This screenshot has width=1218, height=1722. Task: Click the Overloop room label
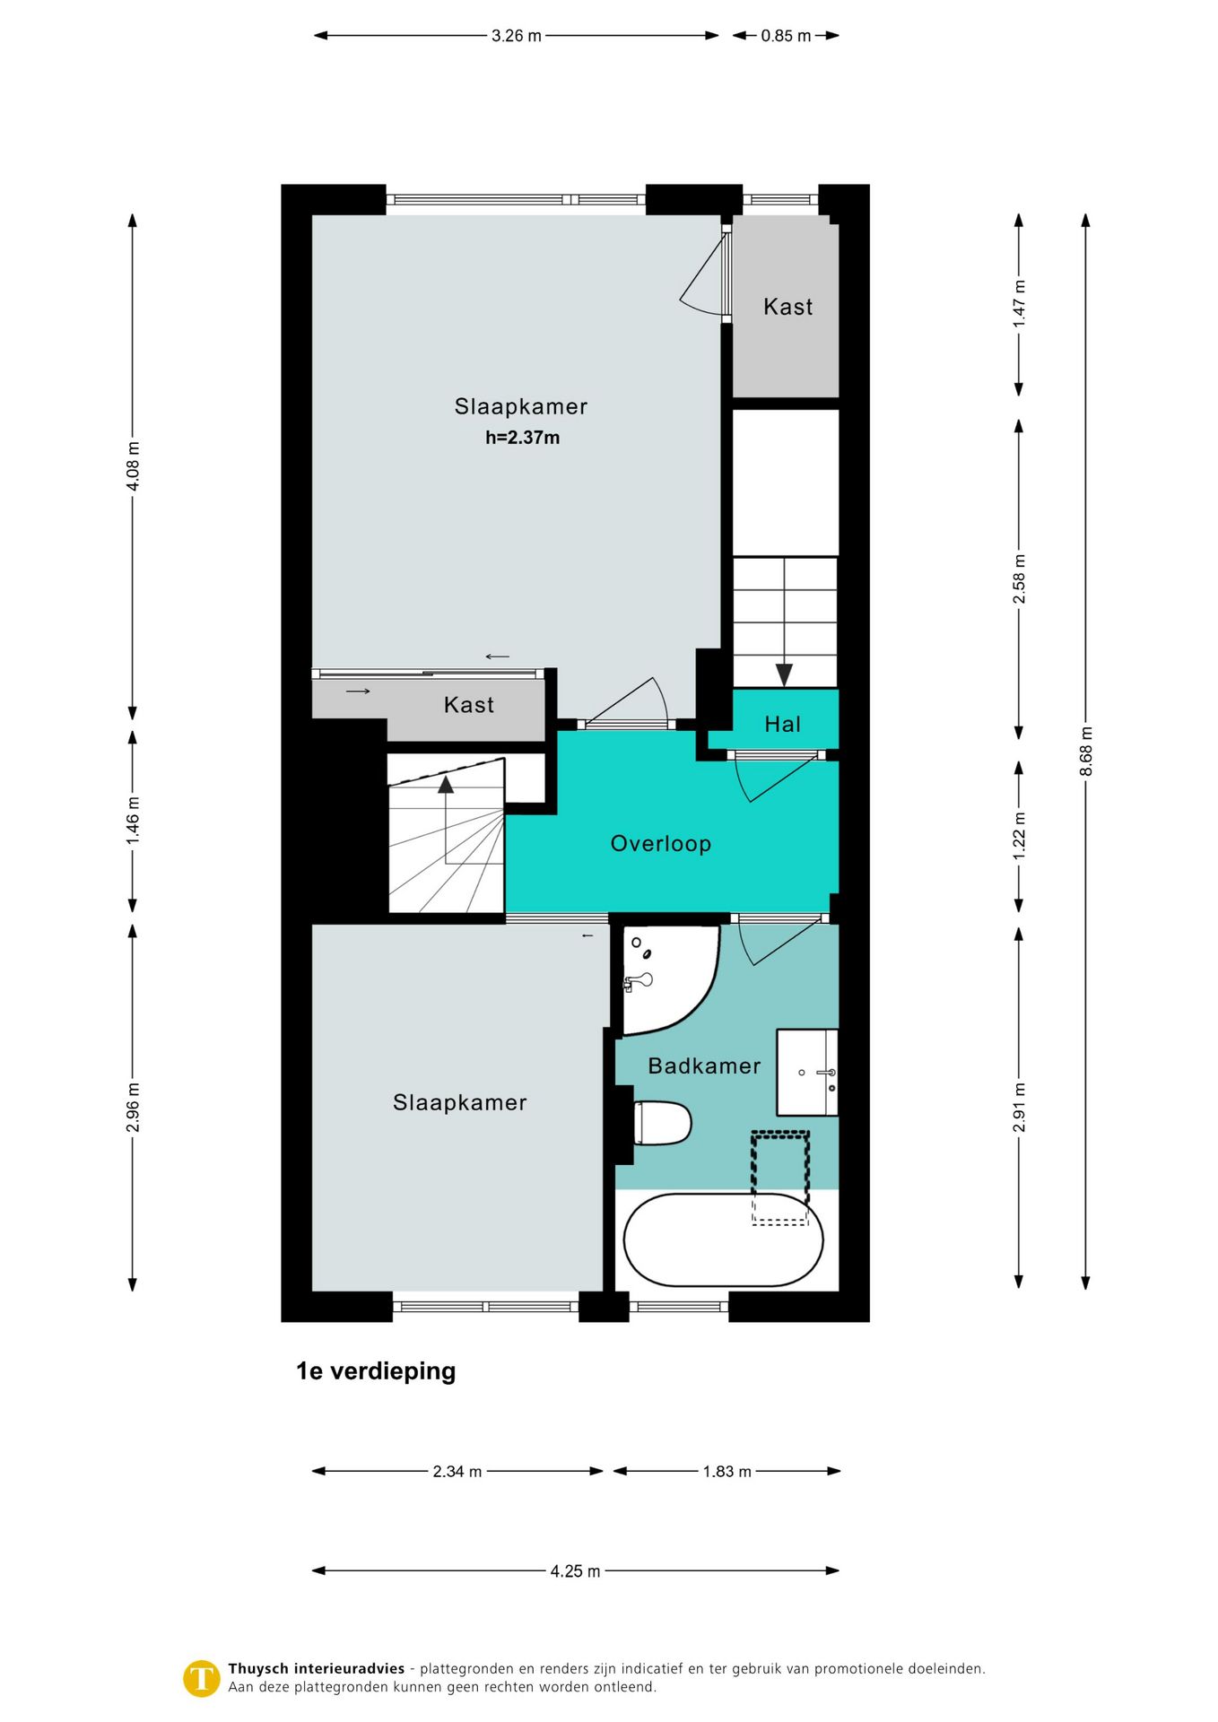[x=660, y=843]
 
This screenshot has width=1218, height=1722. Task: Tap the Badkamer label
[x=704, y=1065]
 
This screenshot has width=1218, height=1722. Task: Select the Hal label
[x=782, y=724]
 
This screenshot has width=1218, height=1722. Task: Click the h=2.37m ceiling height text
[x=522, y=438]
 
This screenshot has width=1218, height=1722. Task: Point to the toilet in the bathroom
[x=662, y=1123]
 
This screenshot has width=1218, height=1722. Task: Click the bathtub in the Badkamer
[x=723, y=1239]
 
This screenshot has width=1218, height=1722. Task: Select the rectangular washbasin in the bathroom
[x=806, y=1072]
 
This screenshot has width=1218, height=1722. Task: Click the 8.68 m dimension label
[x=1085, y=752]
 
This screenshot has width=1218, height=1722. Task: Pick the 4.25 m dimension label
[x=575, y=1570]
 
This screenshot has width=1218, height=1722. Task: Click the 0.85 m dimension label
[x=786, y=36]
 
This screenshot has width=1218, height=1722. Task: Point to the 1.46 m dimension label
[x=133, y=821]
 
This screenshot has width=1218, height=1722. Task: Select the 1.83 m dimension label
[x=726, y=1471]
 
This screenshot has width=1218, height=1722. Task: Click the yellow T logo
[x=202, y=1678]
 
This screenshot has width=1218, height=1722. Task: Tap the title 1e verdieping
[x=376, y=1370]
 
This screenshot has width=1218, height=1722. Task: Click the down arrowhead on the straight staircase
[x=784, y=674]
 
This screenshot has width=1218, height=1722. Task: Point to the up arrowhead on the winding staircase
[x=446, y=785]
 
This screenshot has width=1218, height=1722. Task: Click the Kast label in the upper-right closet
[x=787, y=307]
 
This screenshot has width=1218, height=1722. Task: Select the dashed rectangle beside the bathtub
[x=780, y=1178]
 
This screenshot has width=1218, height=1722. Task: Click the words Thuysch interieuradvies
[x=317, y=1668]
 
